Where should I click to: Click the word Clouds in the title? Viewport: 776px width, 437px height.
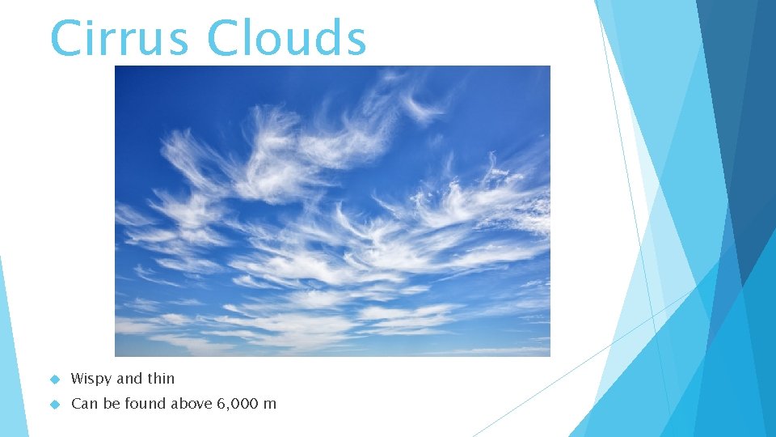tap(287, 37)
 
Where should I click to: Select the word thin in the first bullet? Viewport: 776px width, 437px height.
tap(160, 378)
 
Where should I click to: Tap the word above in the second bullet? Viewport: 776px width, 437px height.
tap(188, 403)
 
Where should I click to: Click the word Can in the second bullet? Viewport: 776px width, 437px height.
tap(83, 403)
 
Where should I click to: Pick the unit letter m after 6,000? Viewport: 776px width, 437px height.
tap(270, 405)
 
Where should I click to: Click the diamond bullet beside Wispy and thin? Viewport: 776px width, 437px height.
tap(55, 379)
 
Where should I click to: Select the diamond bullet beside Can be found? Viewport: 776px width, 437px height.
tap(55, 404)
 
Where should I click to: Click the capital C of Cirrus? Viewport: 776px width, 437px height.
tap(65, 37)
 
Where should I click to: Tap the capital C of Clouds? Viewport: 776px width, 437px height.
tap(223, 37)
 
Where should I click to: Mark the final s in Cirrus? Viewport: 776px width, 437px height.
tap(181, 42)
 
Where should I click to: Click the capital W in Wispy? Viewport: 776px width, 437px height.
tap(78, 378)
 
